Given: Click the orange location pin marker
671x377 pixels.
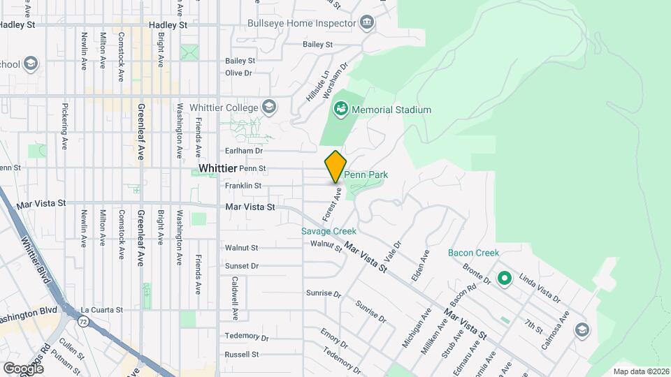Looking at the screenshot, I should click(x=335, y=166).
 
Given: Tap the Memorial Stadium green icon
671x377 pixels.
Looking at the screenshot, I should click(x=341, y=109).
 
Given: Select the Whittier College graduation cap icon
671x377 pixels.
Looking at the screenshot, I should click(x=270, y=107).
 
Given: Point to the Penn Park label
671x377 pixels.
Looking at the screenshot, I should click(x=366, y=175).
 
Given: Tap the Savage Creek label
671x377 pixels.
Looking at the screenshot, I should click(x=329, y=231).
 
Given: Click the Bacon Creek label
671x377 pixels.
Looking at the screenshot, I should click(x=473, y=253).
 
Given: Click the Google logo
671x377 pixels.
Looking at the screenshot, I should click(x=23, y=367).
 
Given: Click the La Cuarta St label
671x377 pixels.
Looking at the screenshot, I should click(x=101, y=309).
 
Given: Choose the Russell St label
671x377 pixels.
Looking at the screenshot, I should click(x=242, y=355).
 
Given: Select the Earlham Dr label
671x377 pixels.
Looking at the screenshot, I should click(x=244, y=150).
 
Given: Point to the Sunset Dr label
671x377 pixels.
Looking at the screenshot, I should click(x=242, y=266).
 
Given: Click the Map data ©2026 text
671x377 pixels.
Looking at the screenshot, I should click(x=640, y=371).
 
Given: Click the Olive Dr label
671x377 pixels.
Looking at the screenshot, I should click(x=238, y=73).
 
